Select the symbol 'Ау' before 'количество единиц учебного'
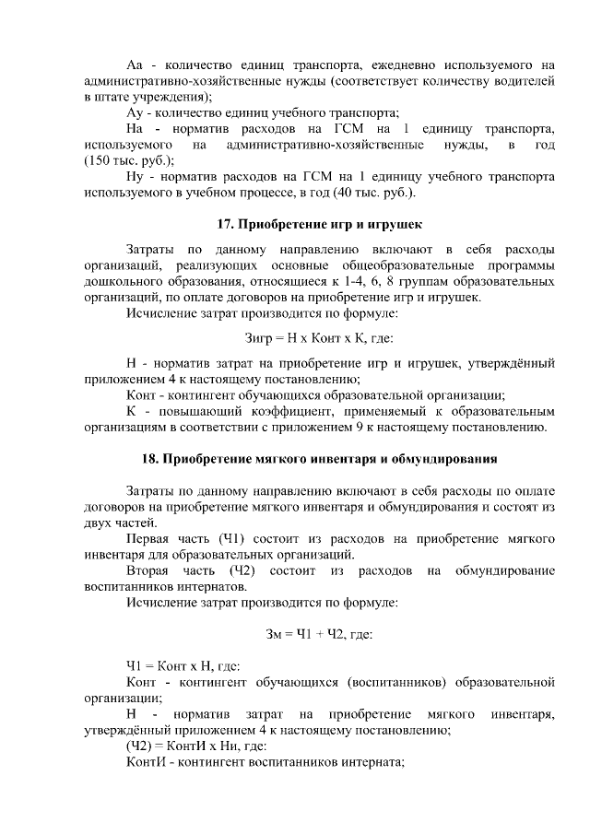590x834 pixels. (x=135, y=112)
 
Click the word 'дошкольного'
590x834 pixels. (x=123, y=281)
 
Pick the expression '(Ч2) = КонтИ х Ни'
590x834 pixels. (x=183, y=746)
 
